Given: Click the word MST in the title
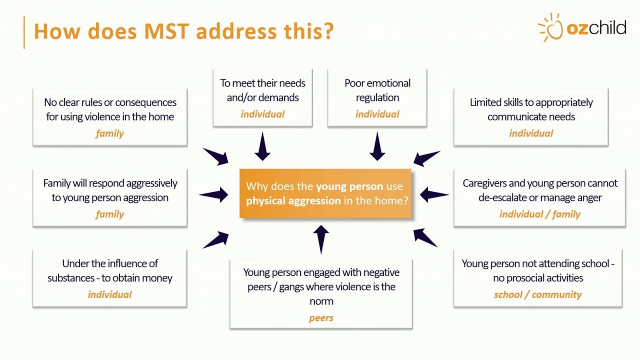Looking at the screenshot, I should [166, 31].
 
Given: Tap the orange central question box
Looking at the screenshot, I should [325, 193].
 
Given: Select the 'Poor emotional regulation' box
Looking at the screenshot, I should [377, 98].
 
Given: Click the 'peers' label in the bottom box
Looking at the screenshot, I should [321, 318].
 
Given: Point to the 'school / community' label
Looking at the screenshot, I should [537, 294].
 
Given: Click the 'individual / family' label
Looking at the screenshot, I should [539, 214].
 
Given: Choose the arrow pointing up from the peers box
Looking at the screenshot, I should [321, 239].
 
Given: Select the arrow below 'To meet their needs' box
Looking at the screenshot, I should [262, 146].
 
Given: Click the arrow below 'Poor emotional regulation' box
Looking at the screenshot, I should [377, 146].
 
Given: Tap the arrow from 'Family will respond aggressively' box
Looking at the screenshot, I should [214, 194].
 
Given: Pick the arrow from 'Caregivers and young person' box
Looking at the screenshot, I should [434, 194].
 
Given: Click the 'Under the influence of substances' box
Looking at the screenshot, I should [109, 278].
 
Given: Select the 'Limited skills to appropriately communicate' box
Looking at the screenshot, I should [531, 117].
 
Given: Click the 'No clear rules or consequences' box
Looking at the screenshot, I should [110, 117].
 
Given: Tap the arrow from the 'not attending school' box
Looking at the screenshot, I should [425, 237].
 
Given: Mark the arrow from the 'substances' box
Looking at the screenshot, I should [216, 240].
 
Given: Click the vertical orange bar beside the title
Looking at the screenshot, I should [24, 32].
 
